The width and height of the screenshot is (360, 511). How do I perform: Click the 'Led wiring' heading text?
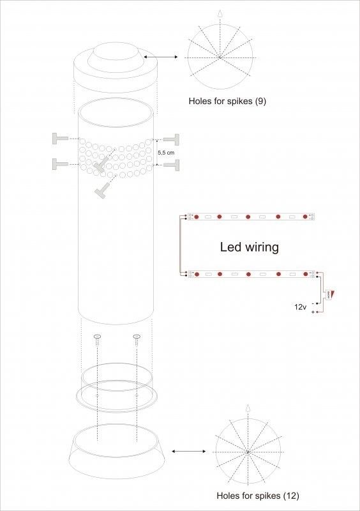249,247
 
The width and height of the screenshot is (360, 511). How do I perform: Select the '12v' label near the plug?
300,307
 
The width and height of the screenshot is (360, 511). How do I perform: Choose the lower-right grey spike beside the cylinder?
172,165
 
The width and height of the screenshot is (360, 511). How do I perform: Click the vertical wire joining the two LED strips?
180,246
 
